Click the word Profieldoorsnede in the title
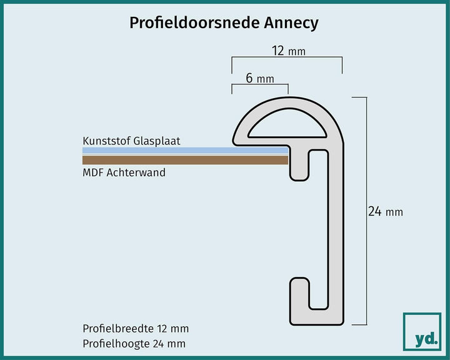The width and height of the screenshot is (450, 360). coord(194,23)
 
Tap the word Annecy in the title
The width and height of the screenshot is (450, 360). coord(291,24)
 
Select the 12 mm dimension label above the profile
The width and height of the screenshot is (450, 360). coord(289,51)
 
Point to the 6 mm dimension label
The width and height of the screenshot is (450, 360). coord(260,78)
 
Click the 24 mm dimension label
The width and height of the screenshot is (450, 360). coord(386,212)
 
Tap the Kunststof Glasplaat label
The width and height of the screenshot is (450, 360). coord(131,141)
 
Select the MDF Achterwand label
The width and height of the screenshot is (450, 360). coord(124,172)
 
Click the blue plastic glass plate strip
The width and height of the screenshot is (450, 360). coord(185,151)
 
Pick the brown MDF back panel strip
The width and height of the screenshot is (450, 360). coord(185,160)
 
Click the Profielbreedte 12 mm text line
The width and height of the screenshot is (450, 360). coord(136,329)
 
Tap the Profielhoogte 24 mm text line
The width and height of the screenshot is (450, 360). coord(134,344)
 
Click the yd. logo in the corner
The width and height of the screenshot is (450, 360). coord(422,332)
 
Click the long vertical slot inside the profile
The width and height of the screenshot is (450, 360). coord(319,229)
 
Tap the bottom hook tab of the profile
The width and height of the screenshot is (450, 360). coord(299,301)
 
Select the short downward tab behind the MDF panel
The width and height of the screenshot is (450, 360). coord(299,165)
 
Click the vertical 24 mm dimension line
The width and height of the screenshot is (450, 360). coord(366,211)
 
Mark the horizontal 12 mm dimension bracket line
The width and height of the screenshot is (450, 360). coord(287,57)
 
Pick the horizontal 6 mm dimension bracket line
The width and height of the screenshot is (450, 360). coord(260,84)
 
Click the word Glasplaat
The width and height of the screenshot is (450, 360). coord(157,141)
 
